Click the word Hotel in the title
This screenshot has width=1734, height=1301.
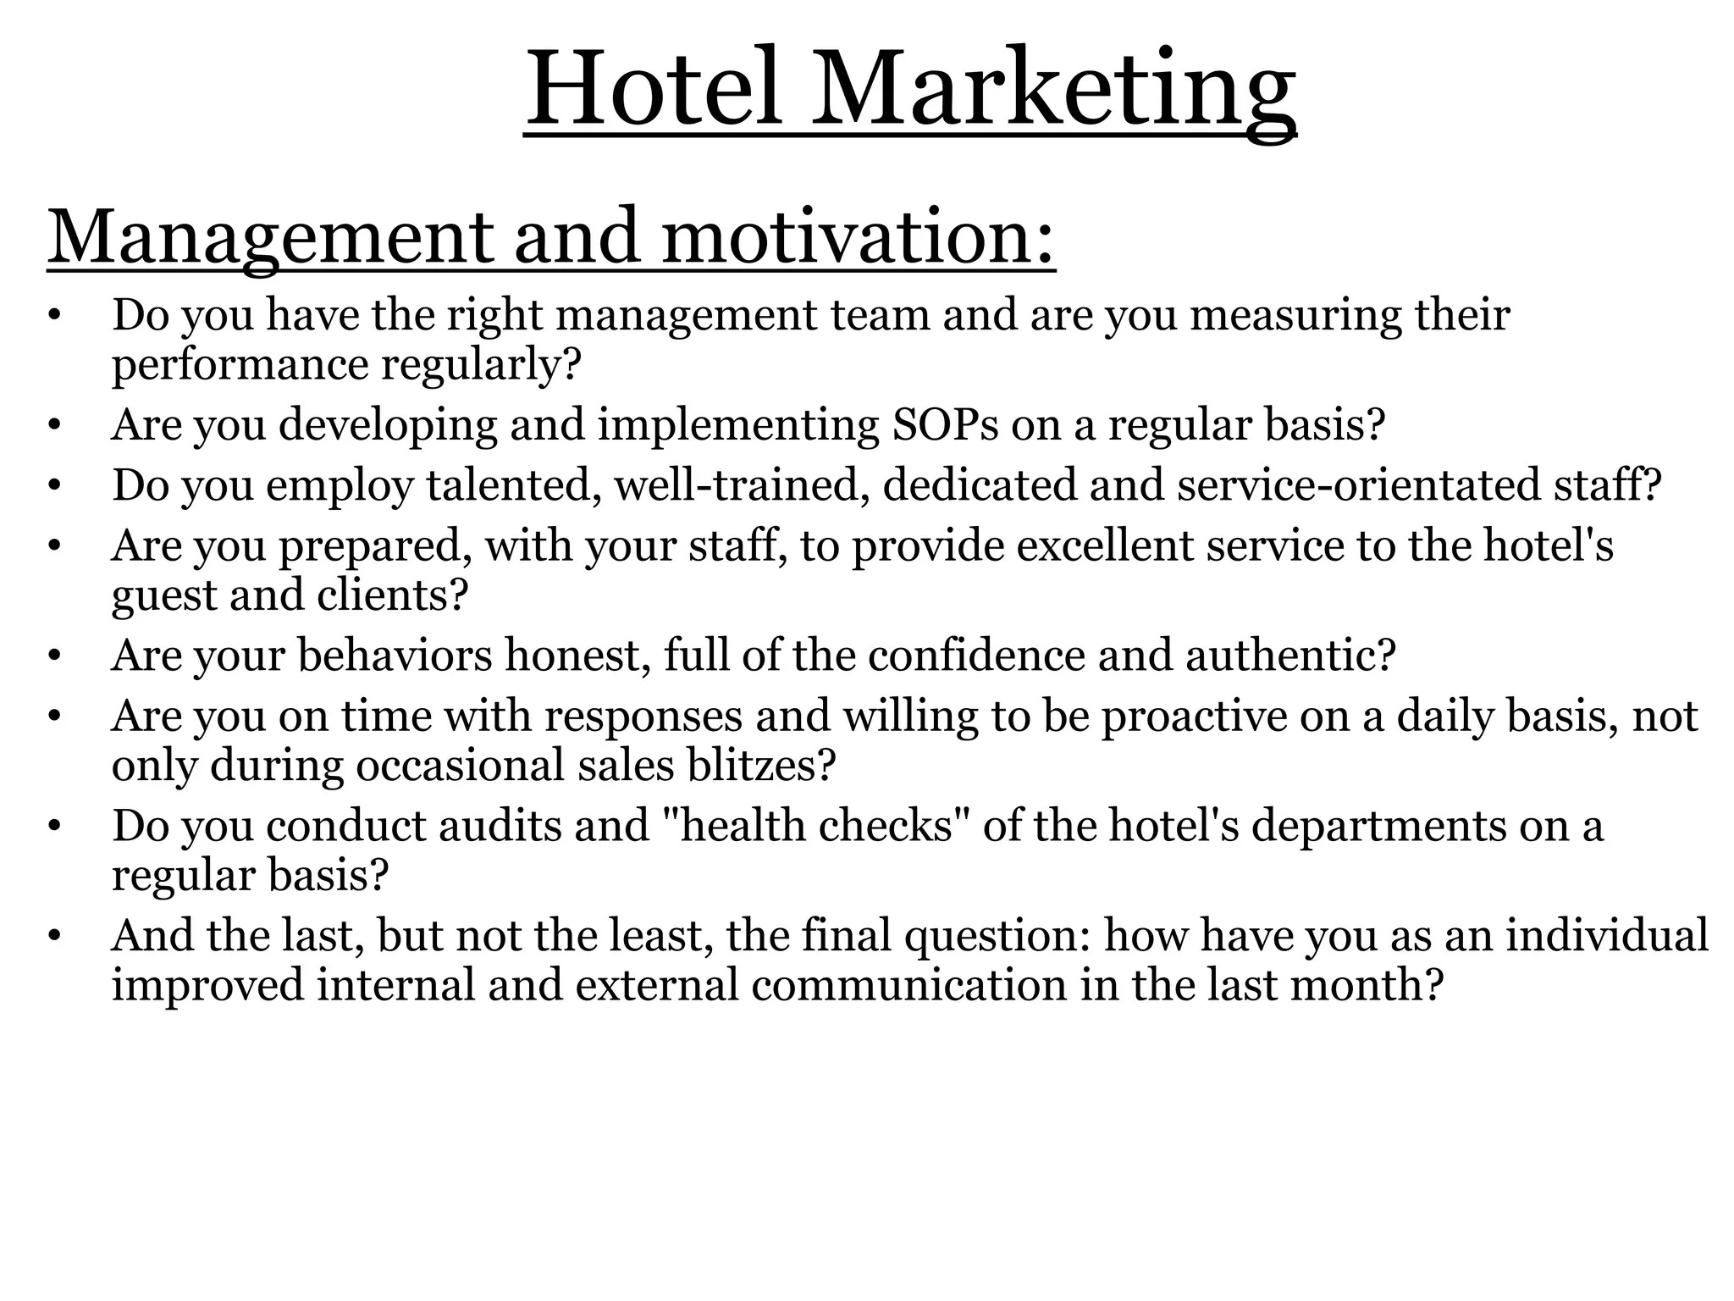point(653,90)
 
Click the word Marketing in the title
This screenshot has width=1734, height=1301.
point(1053,90)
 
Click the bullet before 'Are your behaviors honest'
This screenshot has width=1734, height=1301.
point(55,656)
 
